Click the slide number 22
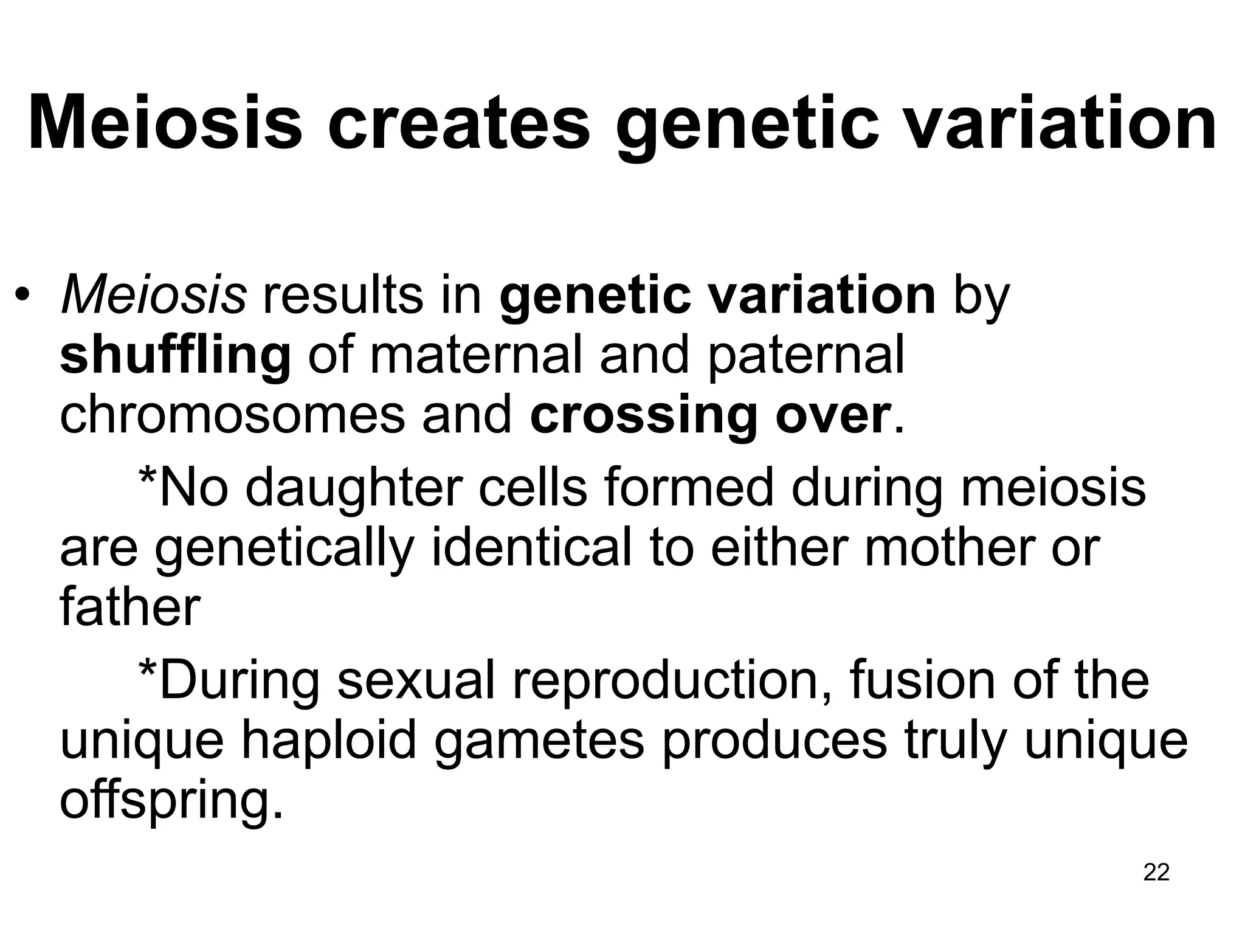click(x=1156, y=872)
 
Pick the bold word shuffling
click(x=175, y=356)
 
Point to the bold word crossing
click(x=644, y=416)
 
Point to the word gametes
click(x=539, y=742)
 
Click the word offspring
click(x=172, y=801)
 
